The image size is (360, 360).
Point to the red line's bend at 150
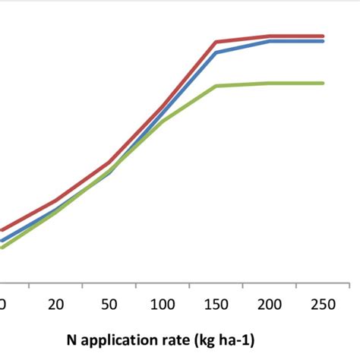pos(216,42)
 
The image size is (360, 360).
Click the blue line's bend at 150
pos(216,52)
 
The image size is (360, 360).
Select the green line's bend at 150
pos(216,86)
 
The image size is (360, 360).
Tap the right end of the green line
pos(324,83)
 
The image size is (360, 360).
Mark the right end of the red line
pos(324,36)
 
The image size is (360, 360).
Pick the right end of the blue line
pos(324,41)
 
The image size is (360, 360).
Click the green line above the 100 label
pos(163,121)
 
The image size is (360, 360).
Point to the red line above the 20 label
pos(55,201)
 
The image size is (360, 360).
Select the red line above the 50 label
pos(109,163)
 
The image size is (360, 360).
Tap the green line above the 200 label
pos(270,83)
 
